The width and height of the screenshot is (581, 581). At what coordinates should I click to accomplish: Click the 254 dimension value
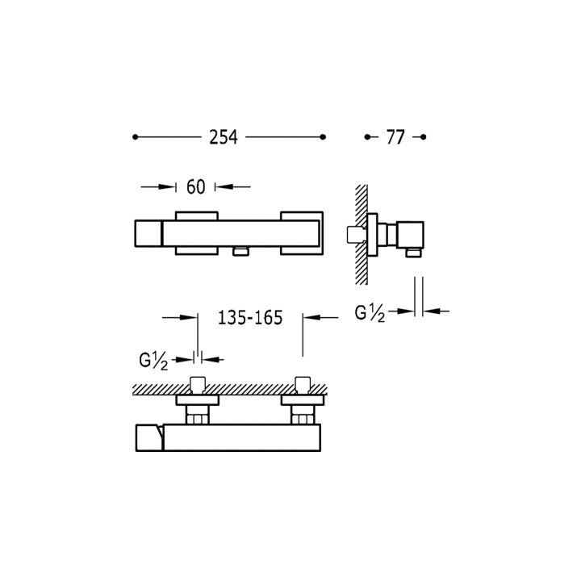pyautogui.click(x=223, y=137)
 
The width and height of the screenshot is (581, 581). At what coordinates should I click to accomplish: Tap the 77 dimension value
pyautogui.click(x=395, y=137)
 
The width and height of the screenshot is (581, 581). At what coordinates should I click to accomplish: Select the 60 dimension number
pyautogui.click(x=195, y=186)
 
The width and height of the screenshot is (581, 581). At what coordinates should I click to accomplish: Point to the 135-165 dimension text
pyautogui.click(x=250, y=318)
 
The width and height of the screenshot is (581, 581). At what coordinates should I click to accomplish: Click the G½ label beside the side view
pyautogui.click(x=370, y=313)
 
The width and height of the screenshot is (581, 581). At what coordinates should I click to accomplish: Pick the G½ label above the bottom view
pyautogui.click(x=153, y=361)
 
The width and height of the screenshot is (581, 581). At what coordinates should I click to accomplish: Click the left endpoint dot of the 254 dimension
pyautogui.click(x=135, y=137)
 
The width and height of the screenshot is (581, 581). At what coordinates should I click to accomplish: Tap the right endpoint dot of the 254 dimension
pyautogui.click(x=323, y=137)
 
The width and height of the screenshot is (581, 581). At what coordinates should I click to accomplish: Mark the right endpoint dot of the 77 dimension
pyautogui.click(x=424, y=137)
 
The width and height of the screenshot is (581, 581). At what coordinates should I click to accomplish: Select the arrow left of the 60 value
pyautogui.click(x=158, y=186)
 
